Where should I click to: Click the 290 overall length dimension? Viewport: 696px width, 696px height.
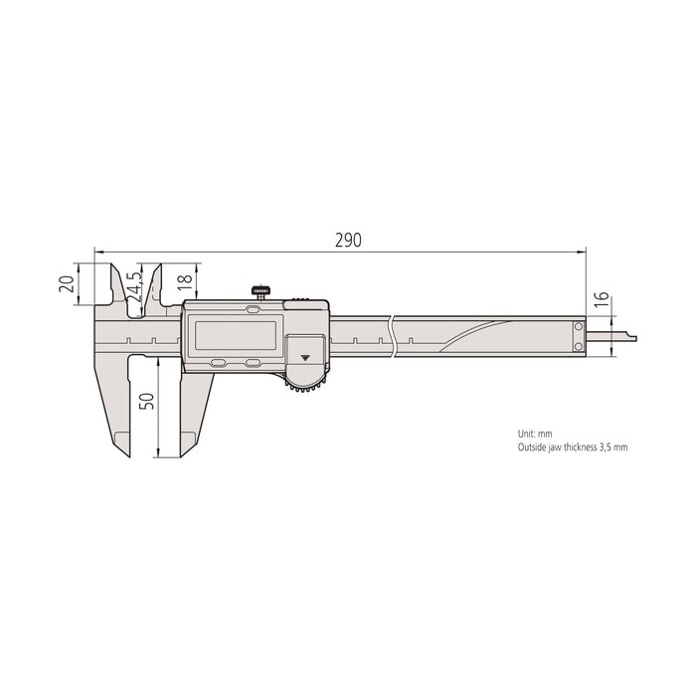coord(347,241)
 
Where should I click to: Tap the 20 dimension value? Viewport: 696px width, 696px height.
coord(66,283)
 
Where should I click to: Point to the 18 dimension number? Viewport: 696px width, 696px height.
coord(184,282)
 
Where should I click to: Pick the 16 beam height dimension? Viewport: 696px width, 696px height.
coord(601,302)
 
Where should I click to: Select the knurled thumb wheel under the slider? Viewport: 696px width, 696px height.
coord(306,385)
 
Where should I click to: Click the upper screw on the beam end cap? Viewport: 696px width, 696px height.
coord(579,326)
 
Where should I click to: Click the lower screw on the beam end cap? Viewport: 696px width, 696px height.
coord(579,345)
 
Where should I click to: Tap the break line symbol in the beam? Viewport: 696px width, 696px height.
coord(393,336)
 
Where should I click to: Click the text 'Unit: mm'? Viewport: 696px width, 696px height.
coord(534,434)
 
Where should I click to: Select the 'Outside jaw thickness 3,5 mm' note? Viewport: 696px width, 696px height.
coord(572,447)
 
